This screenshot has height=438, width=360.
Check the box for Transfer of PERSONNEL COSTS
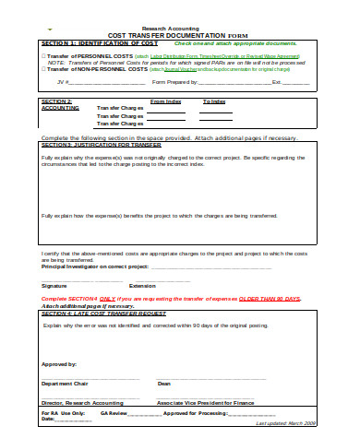click(x=43, y=55)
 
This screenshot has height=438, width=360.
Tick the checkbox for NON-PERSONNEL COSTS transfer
click(x=43, y=69)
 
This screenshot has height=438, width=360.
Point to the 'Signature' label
click(x=54, y=285)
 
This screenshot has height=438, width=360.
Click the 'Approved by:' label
click(x=57, y=364)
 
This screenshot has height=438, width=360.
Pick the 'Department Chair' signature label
click(x=63, y=383)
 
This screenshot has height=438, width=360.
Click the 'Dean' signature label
click(x=164, y=383)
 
